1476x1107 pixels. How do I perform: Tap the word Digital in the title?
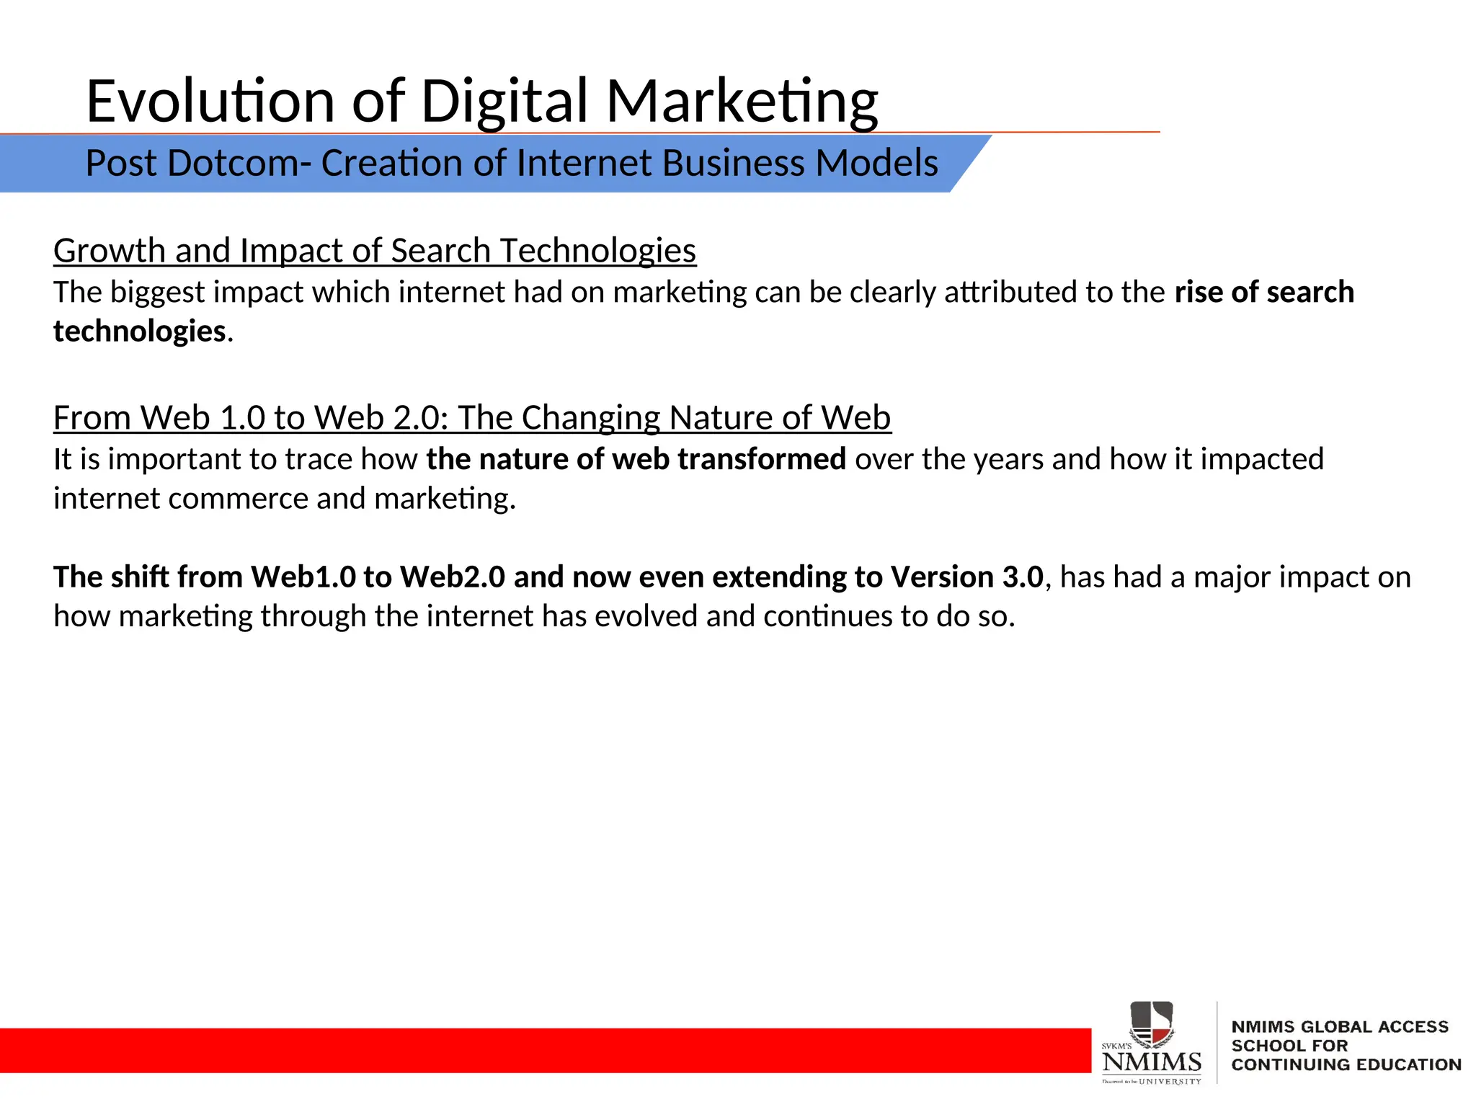[x=504, y=102]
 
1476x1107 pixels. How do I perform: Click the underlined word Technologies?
[x=597, y=252]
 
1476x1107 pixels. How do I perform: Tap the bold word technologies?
[x=140, y=332]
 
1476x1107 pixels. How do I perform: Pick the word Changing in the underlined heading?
[x=590, y=418]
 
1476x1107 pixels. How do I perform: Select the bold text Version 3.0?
[x=966, y=577]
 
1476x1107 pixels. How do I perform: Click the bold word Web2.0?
[x=453, y=577]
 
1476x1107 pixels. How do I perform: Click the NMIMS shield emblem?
[x=1152, y=1024]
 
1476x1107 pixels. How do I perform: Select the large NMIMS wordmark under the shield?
[x=1152, y=1062]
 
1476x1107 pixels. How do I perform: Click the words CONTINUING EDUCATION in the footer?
[x=1346, y=1064]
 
